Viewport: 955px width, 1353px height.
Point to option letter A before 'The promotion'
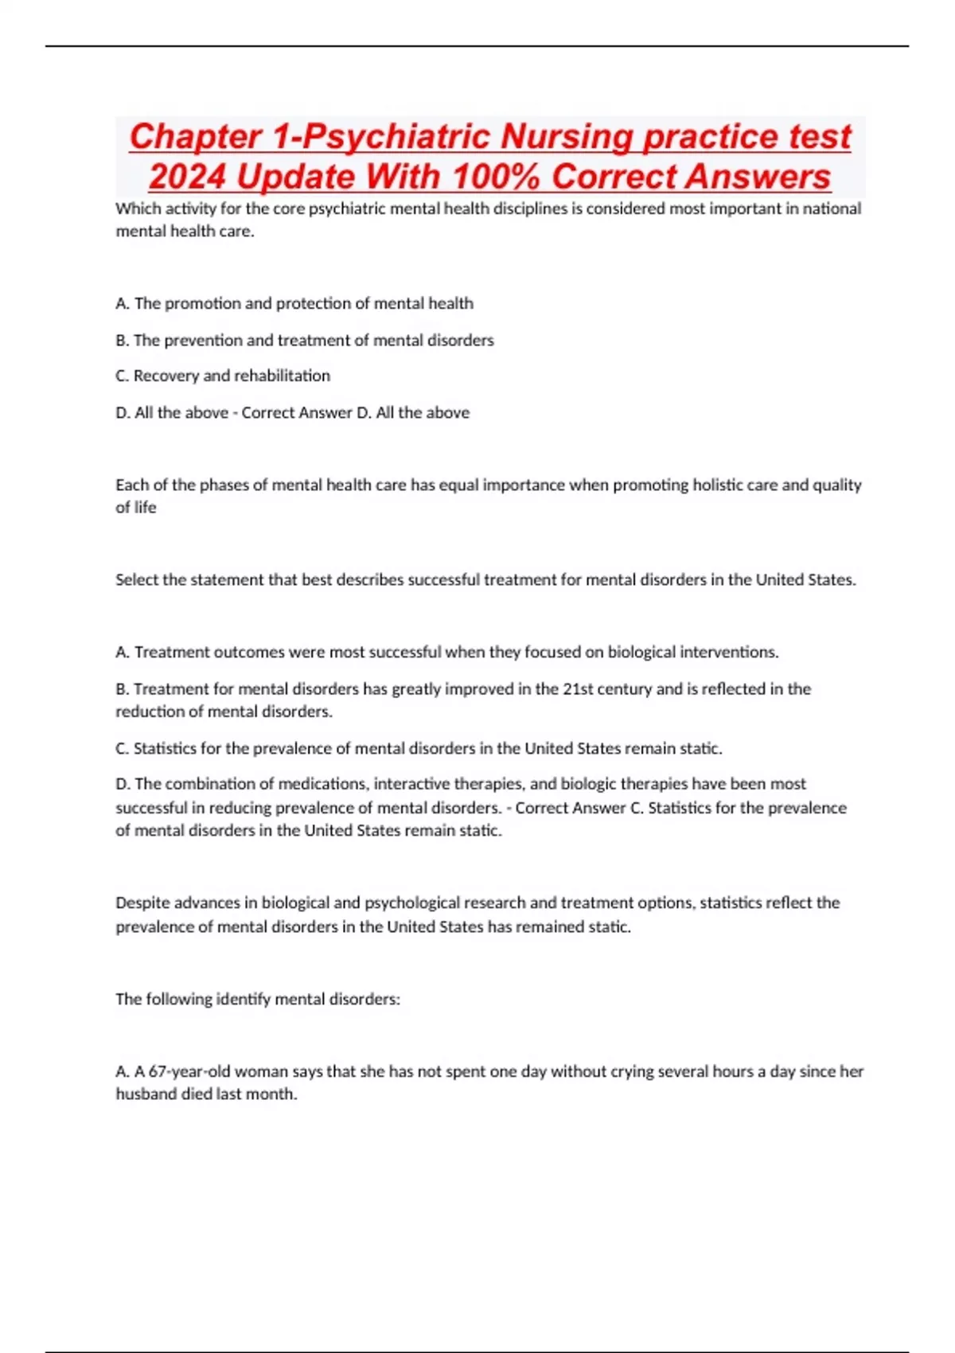click(122, 303)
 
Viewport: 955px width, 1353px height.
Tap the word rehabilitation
click(282, 376)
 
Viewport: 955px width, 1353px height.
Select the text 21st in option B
click(577, 688)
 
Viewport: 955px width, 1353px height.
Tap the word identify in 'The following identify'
click(242, 999)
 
